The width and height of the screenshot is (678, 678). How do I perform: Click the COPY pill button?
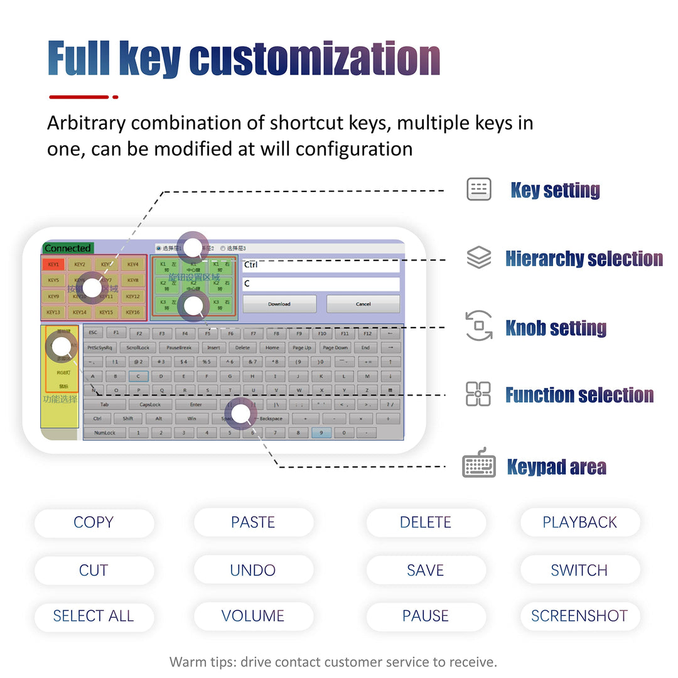point(94,522)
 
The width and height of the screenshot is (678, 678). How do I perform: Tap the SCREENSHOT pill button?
point(579,616)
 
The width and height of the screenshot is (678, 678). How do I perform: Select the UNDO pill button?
point(253,570)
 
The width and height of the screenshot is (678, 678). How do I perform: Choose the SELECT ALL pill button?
point(94,616)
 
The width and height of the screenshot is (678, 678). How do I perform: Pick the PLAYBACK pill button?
point(579,522)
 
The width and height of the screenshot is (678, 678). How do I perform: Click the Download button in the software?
point(279,304)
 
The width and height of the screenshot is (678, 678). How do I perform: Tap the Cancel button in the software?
point(363,304)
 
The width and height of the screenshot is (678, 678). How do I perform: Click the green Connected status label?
point(68,248)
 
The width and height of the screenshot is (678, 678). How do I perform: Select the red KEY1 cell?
point(53,264)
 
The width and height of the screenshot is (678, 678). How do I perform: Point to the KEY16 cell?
point(132,312)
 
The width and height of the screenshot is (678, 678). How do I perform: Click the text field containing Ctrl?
point(320,265)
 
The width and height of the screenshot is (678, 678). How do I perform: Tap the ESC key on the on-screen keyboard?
point(93,333)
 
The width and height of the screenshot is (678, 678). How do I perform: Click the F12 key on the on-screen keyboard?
point(367,333)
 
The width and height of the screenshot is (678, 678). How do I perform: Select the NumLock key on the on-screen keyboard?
point(105,433)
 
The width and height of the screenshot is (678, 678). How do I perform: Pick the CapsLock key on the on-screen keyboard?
point(150,405)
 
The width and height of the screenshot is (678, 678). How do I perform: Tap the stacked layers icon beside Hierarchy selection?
point(479,257)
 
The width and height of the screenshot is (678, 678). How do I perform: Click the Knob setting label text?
point(556,328)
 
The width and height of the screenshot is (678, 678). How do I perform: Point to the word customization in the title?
point(314,60)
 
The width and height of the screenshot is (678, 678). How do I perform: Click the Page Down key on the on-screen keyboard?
point(335,348)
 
